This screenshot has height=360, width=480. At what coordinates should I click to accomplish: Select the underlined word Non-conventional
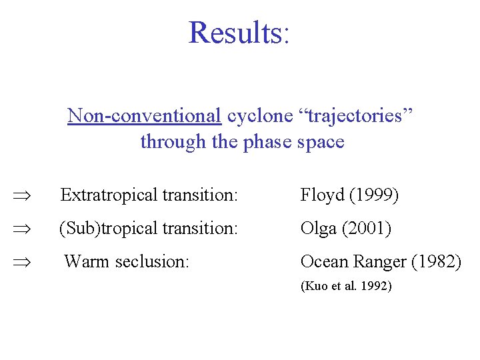coord(144,115)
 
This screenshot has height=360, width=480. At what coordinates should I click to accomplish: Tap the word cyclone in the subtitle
coord(259,115)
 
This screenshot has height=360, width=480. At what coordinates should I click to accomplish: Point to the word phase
coord(269,141)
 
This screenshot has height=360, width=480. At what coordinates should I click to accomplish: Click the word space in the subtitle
coord(322,141)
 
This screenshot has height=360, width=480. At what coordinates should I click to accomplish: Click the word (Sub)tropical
coord(107,229)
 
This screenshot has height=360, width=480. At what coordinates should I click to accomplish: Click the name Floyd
coord(322,195)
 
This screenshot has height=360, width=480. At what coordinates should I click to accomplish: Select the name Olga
coord(319,229)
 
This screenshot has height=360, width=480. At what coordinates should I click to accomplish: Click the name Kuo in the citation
coord(316,286)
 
